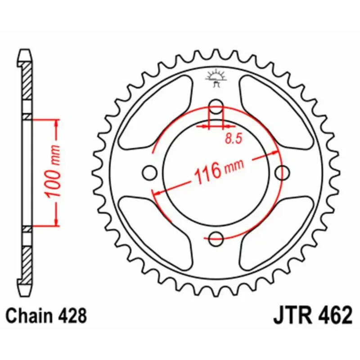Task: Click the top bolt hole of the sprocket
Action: click(216, 107)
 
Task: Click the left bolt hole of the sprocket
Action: click(150, 172)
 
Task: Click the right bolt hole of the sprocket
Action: click(282, 172)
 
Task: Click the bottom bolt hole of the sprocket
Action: click(216, 238)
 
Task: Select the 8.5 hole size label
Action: click(234, 139)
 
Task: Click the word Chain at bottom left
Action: click(28, 315)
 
